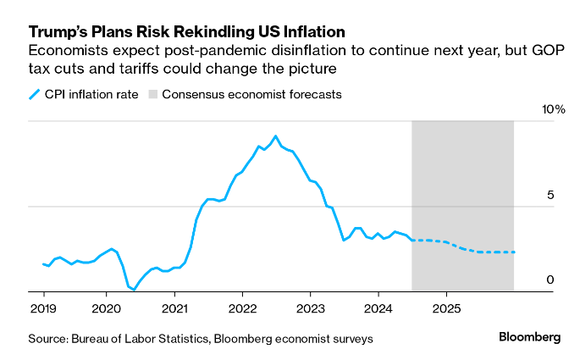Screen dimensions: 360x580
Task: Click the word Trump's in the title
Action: [x=58, y=32]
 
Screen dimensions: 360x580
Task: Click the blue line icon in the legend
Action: [x=35, y=94]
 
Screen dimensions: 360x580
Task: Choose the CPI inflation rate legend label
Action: [x=90, y=94]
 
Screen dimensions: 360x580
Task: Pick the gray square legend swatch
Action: [x=152, y=94]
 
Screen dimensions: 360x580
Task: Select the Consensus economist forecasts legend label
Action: [x=252, y=94]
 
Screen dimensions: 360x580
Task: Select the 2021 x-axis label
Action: [x=174, y=308]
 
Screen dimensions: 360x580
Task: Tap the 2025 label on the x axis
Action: [x=446, y=308]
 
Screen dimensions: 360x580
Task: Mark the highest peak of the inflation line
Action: [x=275, y=136]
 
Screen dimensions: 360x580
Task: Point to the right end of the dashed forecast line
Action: [x=514, y=252]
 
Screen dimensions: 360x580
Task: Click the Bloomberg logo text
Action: [x=529, y=337]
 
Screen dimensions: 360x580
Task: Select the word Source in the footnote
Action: [x=49, y=339]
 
